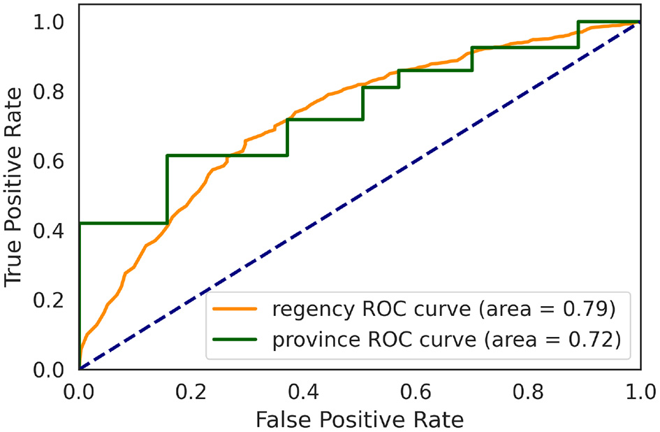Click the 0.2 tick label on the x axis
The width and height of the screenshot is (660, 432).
[191, 389]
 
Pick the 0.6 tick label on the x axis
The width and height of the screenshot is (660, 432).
[415, 389]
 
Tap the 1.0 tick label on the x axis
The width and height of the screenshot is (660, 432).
[638, 389]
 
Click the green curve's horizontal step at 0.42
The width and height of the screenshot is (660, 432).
[122, 223]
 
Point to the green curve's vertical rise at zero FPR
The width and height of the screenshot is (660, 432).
[80, 294]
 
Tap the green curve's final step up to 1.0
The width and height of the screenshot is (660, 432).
[578, 35]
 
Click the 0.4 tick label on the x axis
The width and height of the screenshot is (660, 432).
[303, 389]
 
